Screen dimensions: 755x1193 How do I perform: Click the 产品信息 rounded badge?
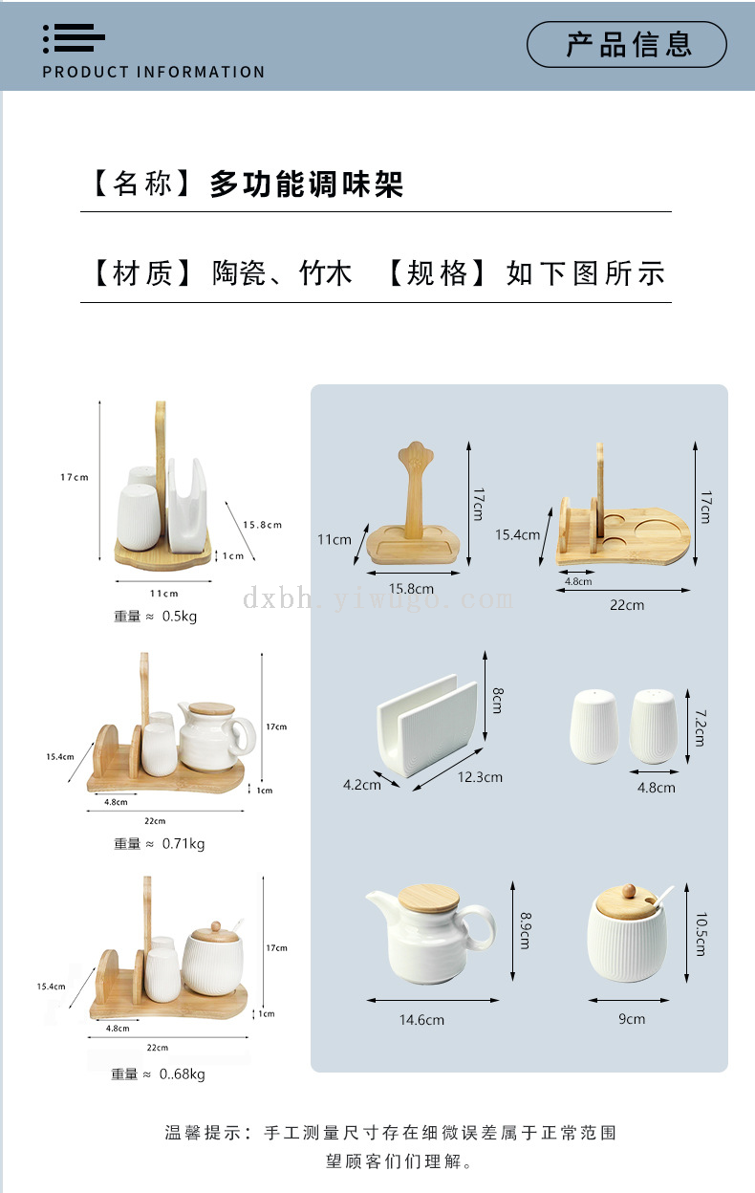[x=627, y=44]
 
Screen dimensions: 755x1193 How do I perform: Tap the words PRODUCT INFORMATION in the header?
[x=153, y=72]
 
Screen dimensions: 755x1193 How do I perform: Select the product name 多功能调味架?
[x=307, y=184]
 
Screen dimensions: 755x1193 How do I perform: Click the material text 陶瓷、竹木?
[x=282, y=273]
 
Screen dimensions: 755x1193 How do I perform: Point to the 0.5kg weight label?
[x=180, y=617]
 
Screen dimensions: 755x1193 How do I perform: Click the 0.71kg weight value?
[x=183, y=844]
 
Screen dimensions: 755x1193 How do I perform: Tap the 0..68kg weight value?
[x=183, y=1074]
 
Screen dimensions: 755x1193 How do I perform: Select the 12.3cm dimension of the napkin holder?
[x=480, y=777]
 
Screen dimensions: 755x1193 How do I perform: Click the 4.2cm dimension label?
[x=362, y=785]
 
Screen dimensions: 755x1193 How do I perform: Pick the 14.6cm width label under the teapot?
[x=421, y=1019]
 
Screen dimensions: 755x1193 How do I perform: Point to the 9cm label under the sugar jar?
[x=632, y=1019]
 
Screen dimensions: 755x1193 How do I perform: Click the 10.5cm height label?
[x=701, y=934]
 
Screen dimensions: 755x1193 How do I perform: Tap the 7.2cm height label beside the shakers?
[x=701, y=727]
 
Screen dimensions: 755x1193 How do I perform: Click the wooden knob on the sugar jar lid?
[x=629, y=891]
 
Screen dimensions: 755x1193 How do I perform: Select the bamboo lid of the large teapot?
[x=428, y=898]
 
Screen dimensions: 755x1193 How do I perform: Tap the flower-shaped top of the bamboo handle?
[x=416, y=454]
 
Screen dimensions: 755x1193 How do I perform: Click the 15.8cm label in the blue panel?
[x=411, y=589]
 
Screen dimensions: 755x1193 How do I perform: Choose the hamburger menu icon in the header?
[x=74, y=38]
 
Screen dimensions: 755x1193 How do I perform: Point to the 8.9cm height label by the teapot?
[x=526, y=930]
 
